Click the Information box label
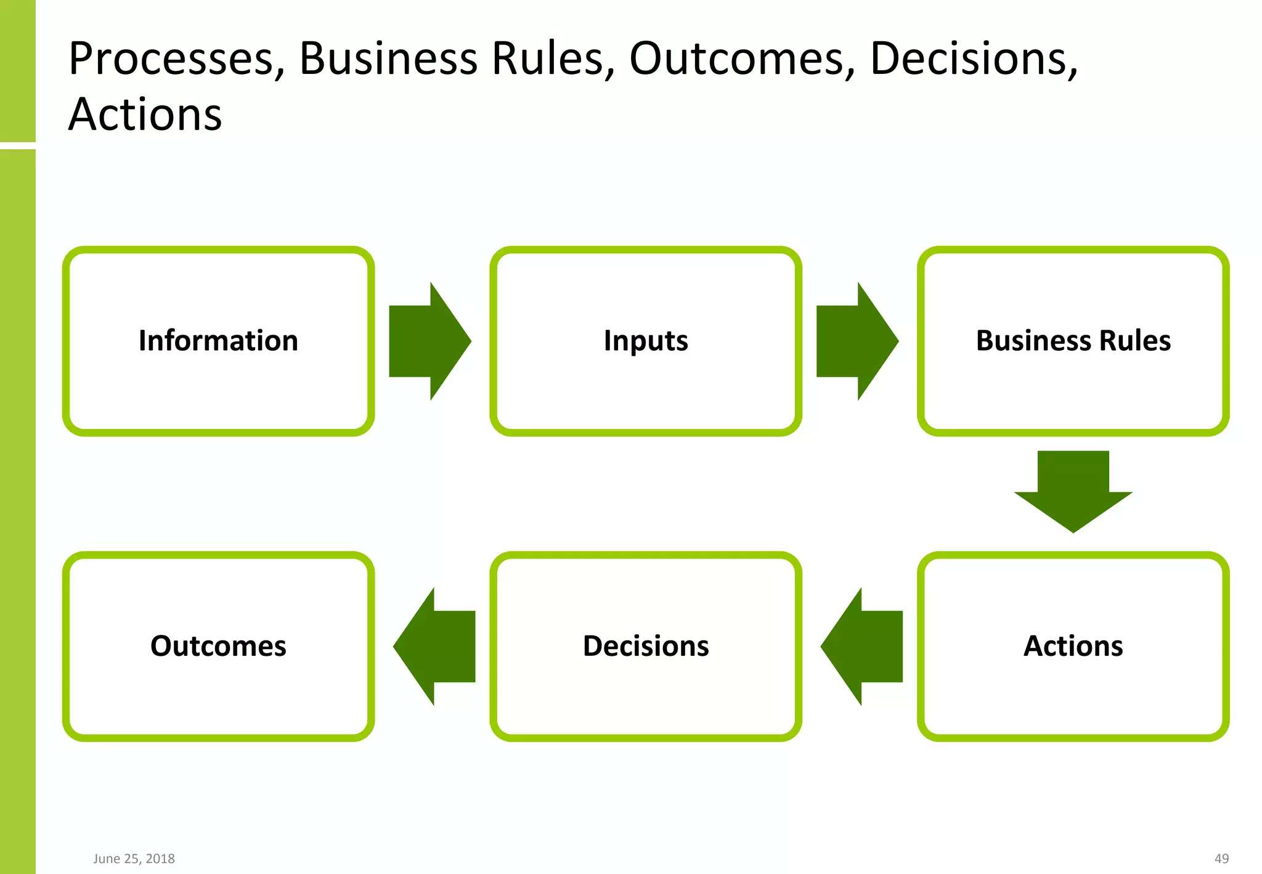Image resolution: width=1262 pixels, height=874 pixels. point(218,341)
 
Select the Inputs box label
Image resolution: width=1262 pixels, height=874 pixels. point(646,341)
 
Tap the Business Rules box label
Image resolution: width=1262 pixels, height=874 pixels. point(1073,341)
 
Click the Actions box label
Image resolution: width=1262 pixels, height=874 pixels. point(1073,646)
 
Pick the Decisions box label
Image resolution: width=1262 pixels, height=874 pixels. point(646,646)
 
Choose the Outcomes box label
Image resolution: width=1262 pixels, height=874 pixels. point(218,646)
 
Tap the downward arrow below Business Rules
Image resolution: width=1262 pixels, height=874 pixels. point(1073,491)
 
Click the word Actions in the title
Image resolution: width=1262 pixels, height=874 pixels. point(145,115)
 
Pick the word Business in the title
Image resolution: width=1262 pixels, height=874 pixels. point(388,60)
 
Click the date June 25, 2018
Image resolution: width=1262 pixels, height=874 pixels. point(134,859)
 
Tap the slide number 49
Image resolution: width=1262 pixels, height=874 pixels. point(1221,859)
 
